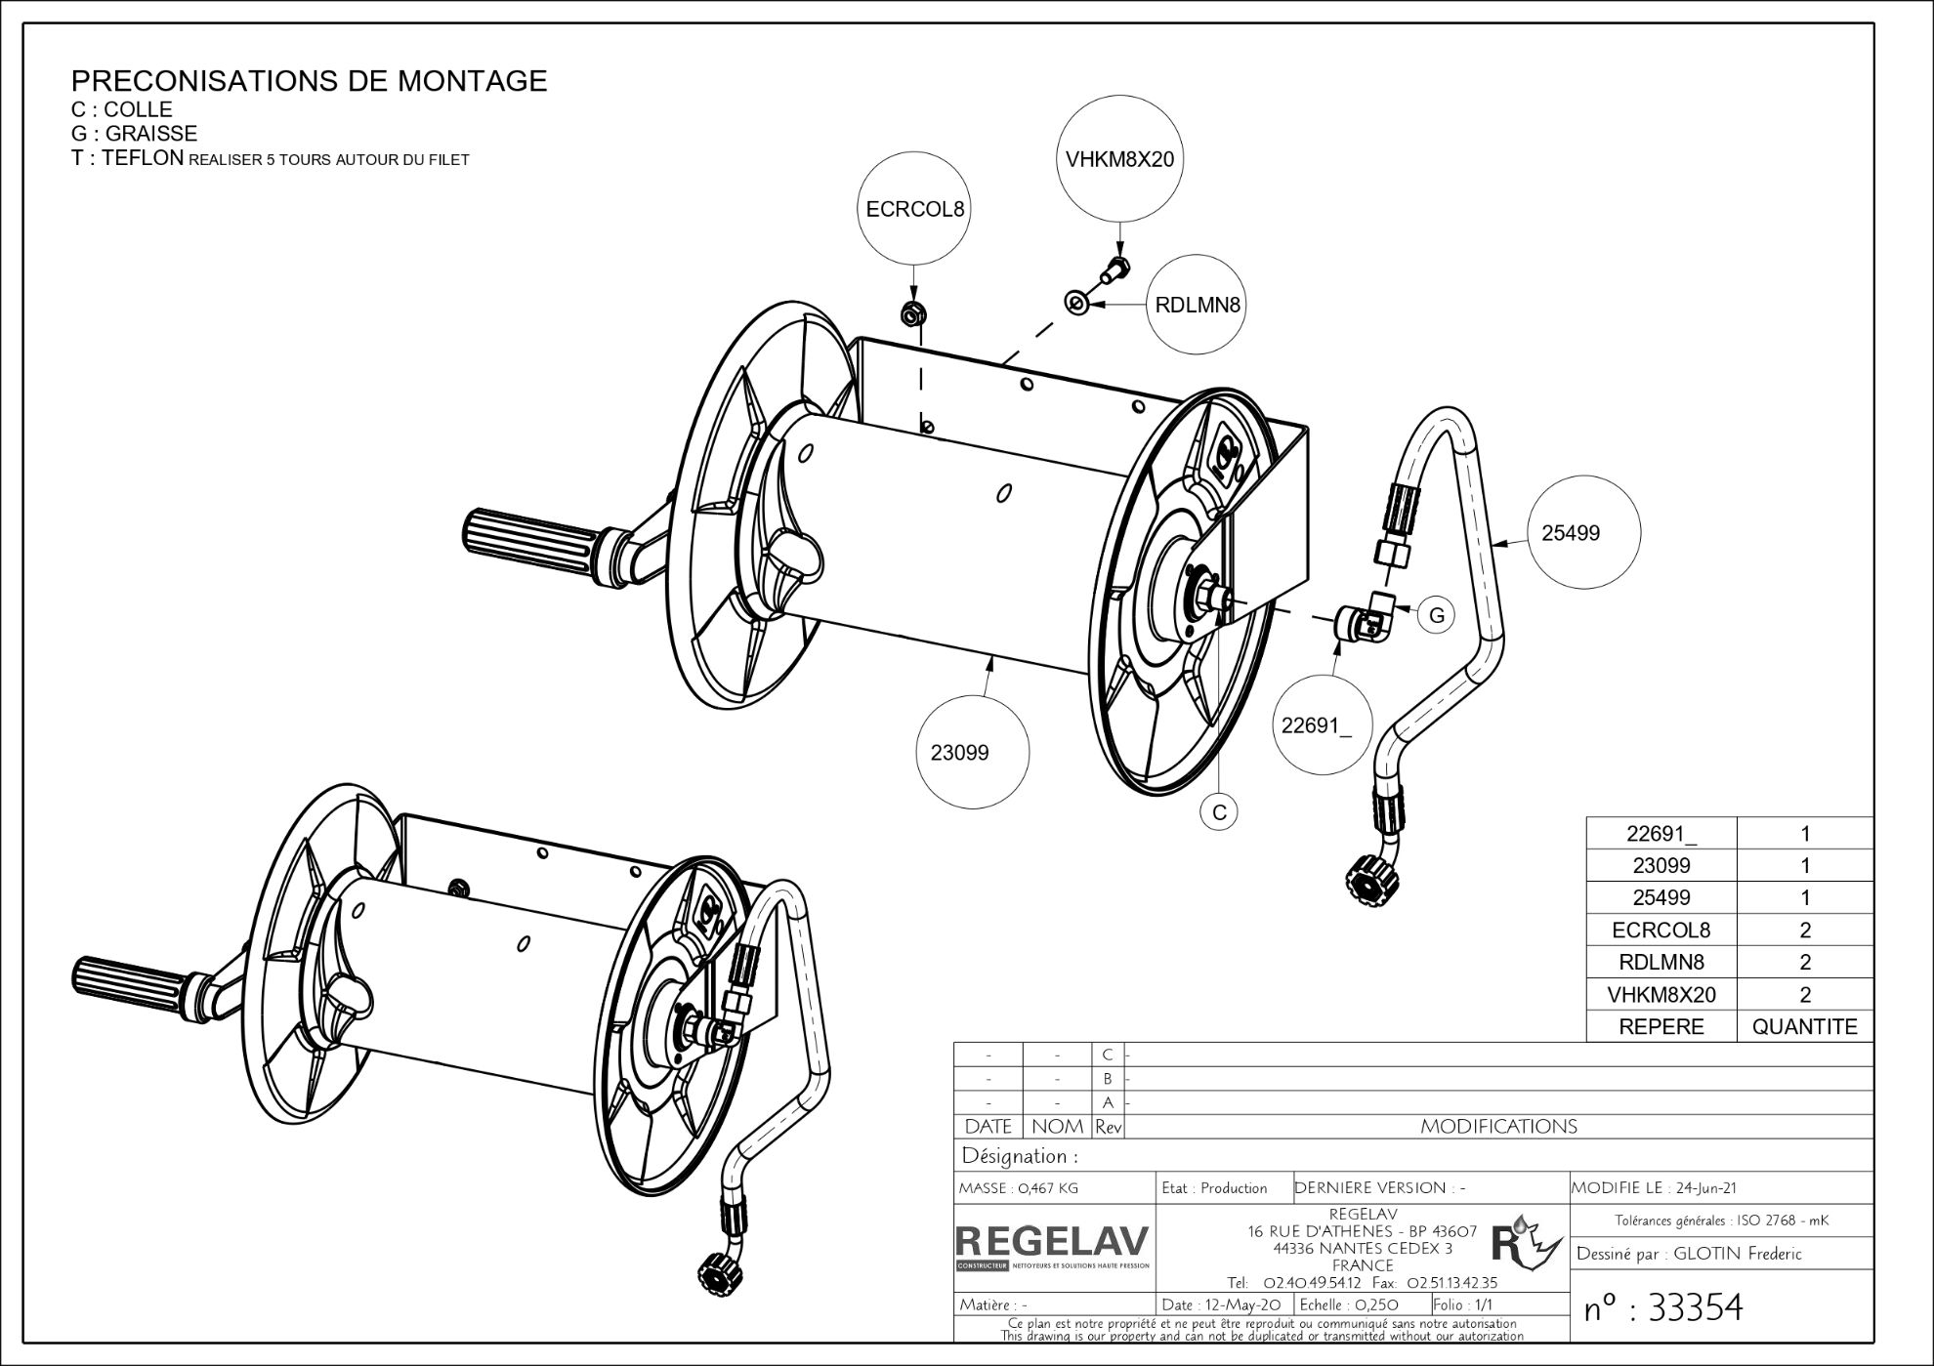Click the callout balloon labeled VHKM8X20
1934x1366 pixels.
1119,158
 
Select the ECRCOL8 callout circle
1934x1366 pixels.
914,209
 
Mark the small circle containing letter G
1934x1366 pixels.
1436,615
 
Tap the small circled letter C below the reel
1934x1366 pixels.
1219,812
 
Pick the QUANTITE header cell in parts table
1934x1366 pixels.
1804,1026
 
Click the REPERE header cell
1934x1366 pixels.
1661,1026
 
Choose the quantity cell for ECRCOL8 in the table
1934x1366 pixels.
1804,930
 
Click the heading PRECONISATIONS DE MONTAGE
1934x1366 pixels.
310,81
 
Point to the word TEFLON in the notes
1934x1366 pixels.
142,158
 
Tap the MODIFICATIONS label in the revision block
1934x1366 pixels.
1498,1127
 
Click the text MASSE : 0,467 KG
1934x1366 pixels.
1019,1188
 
